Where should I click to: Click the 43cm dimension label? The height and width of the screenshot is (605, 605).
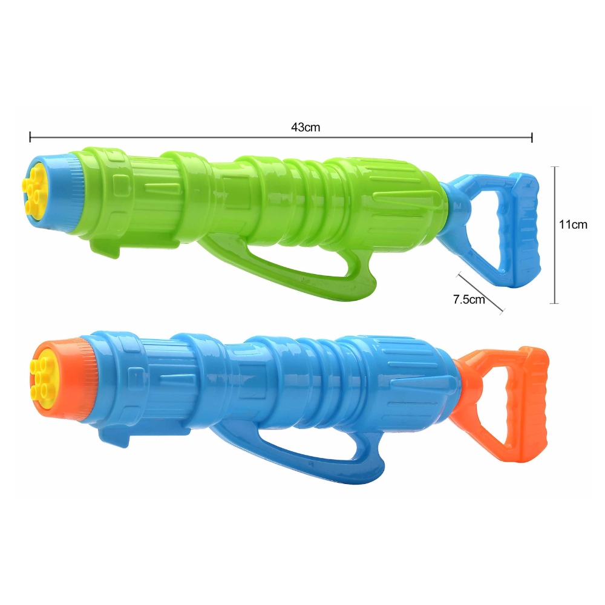click(x=306, y=127)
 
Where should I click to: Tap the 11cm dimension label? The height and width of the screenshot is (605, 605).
click(x=573, y=224)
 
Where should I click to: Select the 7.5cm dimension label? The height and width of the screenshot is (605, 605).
click(x=469, y=299)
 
